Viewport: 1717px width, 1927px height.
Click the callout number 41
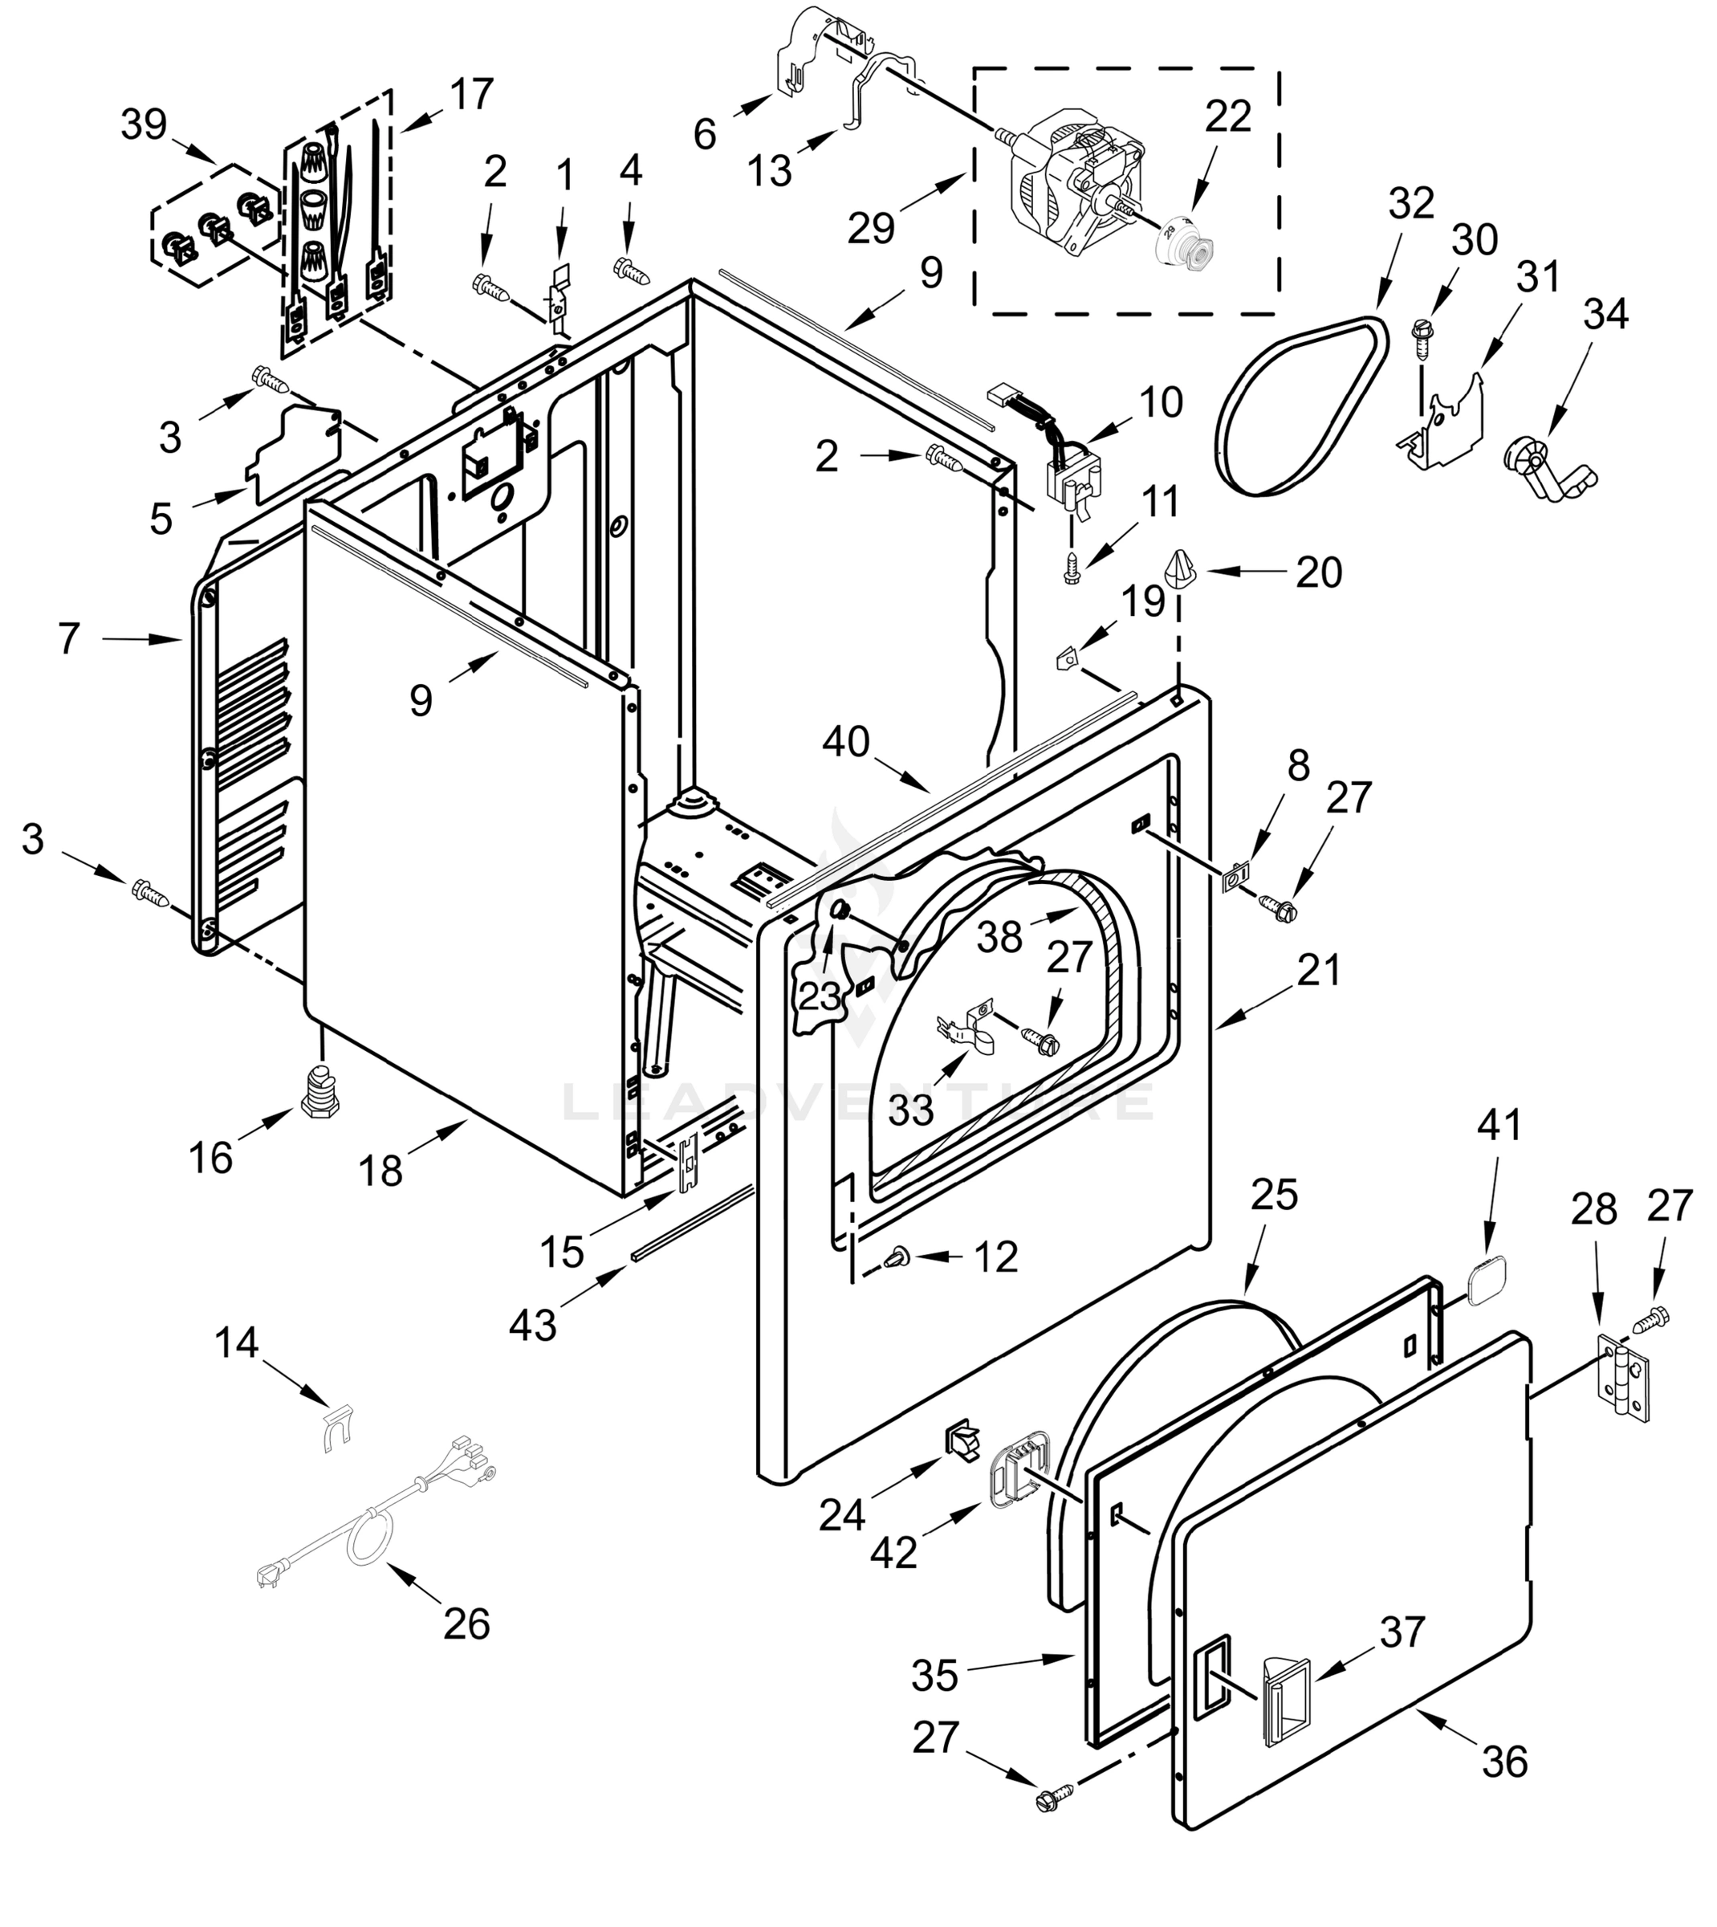coord(1499,1124)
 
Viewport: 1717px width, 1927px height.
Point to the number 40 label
coord(845,742)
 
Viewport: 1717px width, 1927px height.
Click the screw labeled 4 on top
coord(630,269)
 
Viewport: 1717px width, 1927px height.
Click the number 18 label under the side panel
coord(380,1171)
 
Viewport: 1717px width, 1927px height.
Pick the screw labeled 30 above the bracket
coord(1421,336)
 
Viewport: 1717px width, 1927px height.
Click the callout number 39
coord(144,124)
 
